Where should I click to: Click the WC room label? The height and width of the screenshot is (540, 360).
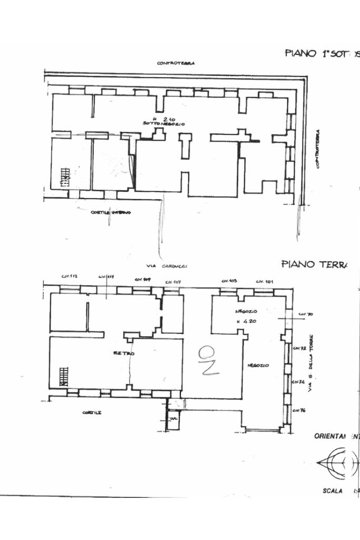[172, 419]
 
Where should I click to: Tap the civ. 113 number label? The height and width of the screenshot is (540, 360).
[70, 276]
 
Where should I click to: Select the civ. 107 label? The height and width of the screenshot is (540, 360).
[173, 282]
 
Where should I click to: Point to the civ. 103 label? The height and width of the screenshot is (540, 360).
[229, 281]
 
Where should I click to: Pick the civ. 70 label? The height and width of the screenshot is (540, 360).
[306, 314]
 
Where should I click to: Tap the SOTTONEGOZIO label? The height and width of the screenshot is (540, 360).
[163, 124]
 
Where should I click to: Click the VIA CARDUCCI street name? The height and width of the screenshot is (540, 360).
[168, 266]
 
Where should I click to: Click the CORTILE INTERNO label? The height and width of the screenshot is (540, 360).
[111, 212]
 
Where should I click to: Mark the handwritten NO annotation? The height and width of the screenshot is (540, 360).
[209, 360]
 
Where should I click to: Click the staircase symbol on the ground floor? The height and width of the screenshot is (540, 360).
[64, 377]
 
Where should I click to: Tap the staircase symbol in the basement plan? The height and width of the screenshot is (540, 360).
[65, 177]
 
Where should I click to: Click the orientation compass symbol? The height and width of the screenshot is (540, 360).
[337, 462]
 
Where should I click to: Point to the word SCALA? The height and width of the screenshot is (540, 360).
[332, 490]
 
